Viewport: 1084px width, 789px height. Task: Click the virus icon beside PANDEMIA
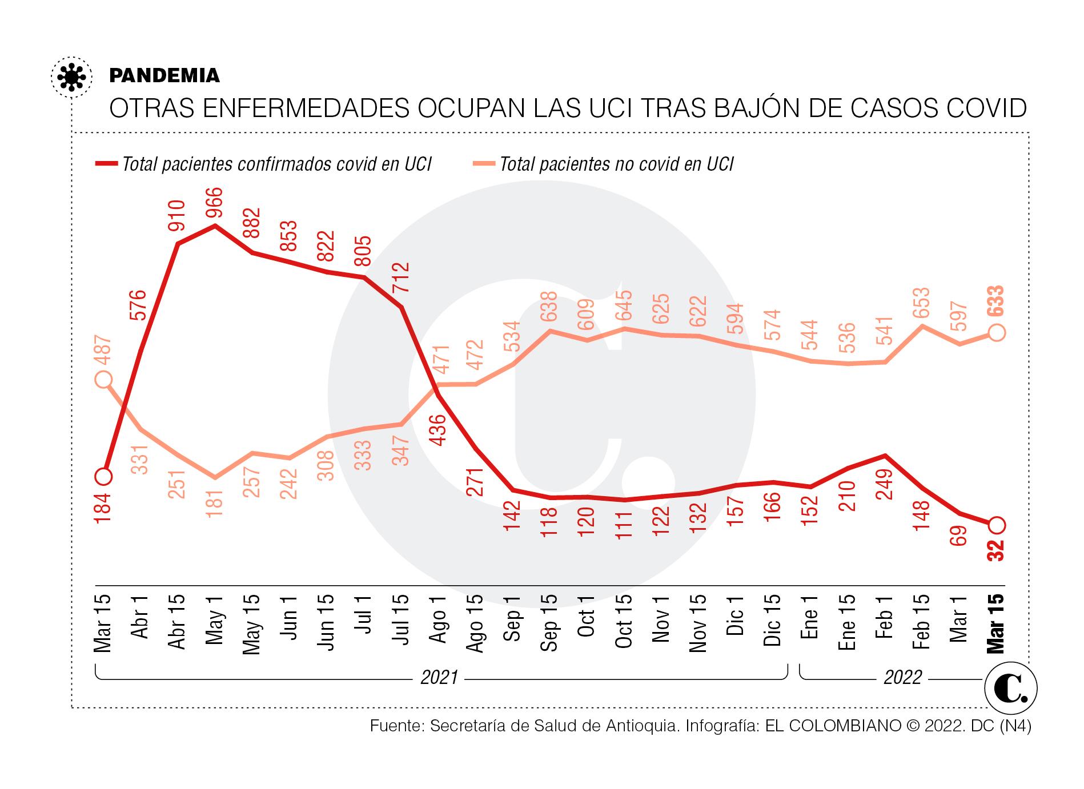click(71, 77)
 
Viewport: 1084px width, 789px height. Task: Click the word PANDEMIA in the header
click(164, 76)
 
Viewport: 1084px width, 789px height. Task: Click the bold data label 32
click(996, 552)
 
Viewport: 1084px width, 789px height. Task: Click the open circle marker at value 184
click(103, 476)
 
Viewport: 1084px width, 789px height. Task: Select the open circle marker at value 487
click(103, 379)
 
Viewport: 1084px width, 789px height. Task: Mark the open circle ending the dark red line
click(996, 524)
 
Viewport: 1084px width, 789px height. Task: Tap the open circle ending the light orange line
click(996, 332)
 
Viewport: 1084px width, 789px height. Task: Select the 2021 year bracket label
click(439, 677)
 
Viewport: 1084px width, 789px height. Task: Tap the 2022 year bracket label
click(903, 677)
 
